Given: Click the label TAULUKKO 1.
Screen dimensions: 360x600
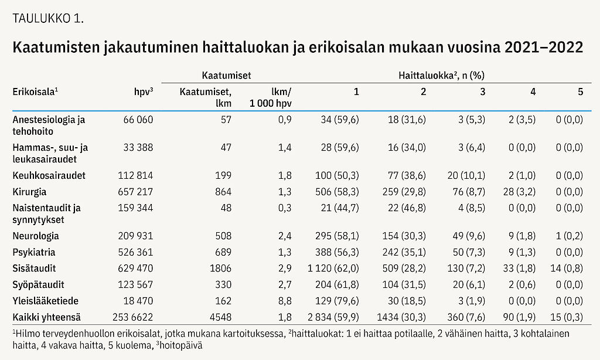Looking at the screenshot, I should point(48,17).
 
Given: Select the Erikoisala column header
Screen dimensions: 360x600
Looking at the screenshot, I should point(36,92).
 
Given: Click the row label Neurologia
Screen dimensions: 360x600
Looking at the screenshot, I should point(36,236).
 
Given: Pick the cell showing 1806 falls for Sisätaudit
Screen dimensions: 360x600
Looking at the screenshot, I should point(220,269).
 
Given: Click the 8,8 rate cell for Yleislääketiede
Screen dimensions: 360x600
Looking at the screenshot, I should point(285,301).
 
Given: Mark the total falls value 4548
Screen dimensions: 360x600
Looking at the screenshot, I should point(220,318).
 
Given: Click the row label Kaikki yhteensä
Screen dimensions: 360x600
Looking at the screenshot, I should point(46,318).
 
